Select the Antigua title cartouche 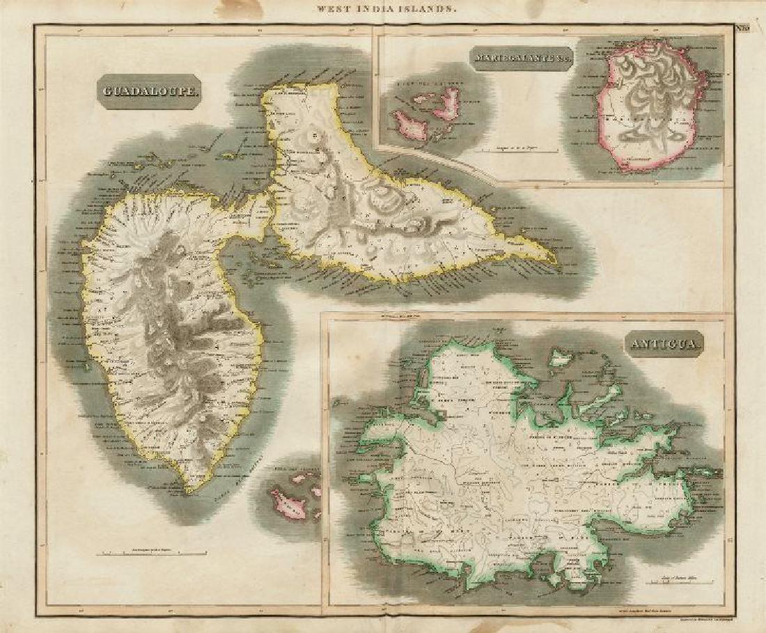[665, 343]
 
